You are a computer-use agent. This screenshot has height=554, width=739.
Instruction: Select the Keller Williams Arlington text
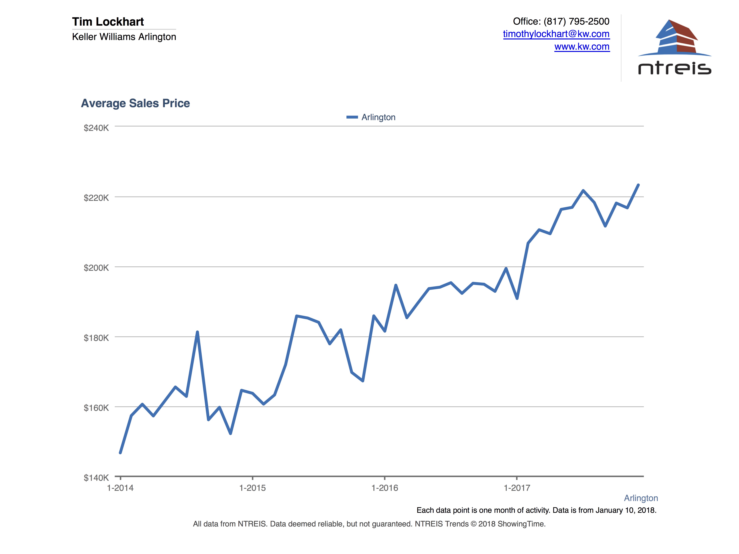tap(124, 37)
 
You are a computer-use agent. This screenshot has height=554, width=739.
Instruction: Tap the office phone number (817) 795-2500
tap(576, 21)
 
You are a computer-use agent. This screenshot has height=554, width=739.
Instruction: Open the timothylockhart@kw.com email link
tap(556, 34)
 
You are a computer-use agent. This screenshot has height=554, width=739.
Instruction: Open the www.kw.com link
tap(582, 47)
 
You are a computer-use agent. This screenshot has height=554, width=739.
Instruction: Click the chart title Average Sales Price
tap(135, 103)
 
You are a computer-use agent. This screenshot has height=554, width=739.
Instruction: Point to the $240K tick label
tap(96, 128)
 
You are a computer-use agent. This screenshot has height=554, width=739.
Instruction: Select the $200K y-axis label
tap(96, 268)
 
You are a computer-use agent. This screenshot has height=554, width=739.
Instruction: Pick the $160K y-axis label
tap(96, 408)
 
